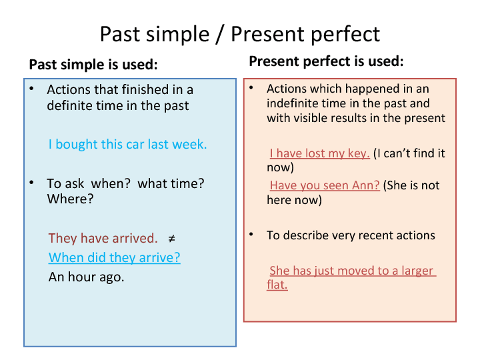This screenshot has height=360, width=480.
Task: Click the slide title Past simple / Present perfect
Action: pyautogui.click(x=240, y=33)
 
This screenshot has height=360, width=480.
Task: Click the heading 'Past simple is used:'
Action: pyautogui.click(x=93, y=65)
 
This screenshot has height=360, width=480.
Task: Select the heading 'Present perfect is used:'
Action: pyautogui.click(x=326, y=62)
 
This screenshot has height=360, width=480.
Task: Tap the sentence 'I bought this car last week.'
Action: pyautogui.click(x=127, y=145)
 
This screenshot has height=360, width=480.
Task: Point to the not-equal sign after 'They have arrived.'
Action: pyautogui.click(x=171, y=239)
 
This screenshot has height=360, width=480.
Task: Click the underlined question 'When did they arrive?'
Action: pyautogui.click(x=115, y=258)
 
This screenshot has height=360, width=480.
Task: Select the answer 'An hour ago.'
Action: pyautogui.click(x=87, y=277)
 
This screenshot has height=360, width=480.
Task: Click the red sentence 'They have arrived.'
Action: pyautogui.click(x=103, y=239)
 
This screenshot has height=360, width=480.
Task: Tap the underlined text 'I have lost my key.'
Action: pyautogui.click(x=320, y=153)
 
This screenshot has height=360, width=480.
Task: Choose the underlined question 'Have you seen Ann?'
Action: pyautogui.click(x=325, y=185)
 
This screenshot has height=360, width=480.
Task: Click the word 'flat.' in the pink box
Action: pyautogui.click(x=277, y=285)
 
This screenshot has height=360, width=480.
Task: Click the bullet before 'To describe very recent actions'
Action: pyautogui.click(x=251, y=235)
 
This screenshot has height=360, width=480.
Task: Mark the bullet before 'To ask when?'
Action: pyautogui.click(x=31, y=183)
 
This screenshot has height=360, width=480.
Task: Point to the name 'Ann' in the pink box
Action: pyautogui.click(x=364, y=185)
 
